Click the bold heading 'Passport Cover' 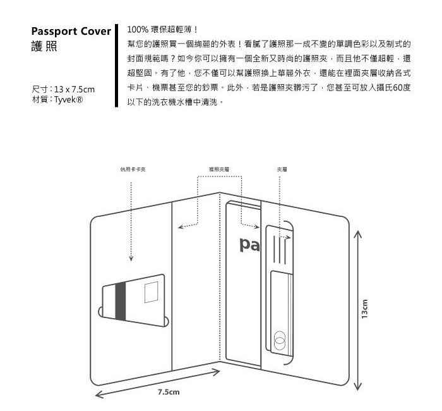coord(71,32)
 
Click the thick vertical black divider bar coord(117,66)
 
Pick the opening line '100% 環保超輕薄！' coord(163,29)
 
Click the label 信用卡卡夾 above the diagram coord(133,169)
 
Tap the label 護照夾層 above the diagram coord(218,169)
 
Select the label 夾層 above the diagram coord(282,169)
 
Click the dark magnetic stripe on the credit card coord(120,302)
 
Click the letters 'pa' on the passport coord(249,244)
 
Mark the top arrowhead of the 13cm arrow coord(358,235)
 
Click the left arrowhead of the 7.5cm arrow coord(99,396)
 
